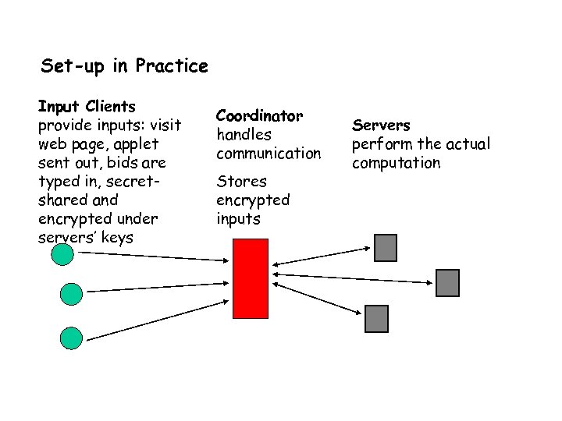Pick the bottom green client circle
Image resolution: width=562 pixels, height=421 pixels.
tap(71, 338)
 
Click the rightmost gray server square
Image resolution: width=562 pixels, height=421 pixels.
tap(447, 282)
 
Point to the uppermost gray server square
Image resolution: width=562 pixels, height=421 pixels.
tap(386, 247)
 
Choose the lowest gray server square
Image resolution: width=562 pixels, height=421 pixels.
tap(376, 318)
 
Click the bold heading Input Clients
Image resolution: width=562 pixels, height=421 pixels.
tap(87, 106)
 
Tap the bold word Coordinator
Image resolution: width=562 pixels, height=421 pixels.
tap(259, 115)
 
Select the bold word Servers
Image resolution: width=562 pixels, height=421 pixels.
tap(381, 125)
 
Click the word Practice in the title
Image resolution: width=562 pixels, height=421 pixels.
tap(172, 65)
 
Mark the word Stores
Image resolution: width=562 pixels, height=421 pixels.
tap(241, 181)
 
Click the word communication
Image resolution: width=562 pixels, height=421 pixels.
tap(269, 153)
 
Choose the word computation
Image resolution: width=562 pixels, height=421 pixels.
tap(396, 162)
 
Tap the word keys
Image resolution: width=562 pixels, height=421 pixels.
tap(117, 237)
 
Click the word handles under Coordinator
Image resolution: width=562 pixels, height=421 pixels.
tap(244, 134)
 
